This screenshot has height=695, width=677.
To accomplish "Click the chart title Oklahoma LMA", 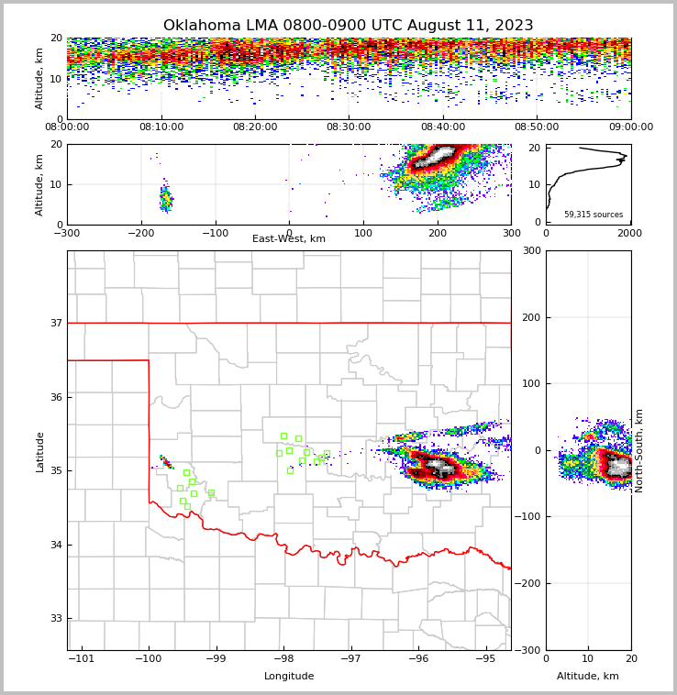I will pyautogui.click(x=348, y=26).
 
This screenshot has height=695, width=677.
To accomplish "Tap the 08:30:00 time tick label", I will pyautogui.click(x=349, y=127).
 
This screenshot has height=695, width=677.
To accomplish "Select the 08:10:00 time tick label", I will pyautogui.click(x=161, y=127).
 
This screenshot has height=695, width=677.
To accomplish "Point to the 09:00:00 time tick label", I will pyautogui.click(x=630, y=127).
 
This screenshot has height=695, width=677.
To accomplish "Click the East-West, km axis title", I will pyautogui.click(x=289, y=239).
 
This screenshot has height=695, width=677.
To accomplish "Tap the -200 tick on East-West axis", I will pyautogui.click(x=141, y=233).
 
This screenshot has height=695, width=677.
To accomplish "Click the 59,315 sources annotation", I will pyautogui.click(x=593, y=215).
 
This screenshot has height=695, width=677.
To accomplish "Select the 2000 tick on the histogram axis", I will pyautogui.click(x=630, y=233).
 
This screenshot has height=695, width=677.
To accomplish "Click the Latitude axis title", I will pyautogui.click(x=40, y=451).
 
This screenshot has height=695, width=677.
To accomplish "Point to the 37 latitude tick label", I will pyautogui.click(x=56, y=323).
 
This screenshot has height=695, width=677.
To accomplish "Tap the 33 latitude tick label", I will pyautogui.click(x=56, y=619).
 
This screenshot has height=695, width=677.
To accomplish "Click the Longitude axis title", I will pyautogui.click(x=289, y=676).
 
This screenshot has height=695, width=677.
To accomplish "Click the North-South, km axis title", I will pyautogui.click(x=639, y=450).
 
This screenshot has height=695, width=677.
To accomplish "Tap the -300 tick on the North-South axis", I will pyautogui.click(x=529, y=650).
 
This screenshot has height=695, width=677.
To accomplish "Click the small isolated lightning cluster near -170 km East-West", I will pyautogui.click(x=165, y=199).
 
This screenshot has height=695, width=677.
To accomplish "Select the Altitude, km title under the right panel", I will pyautogui.click(x=588, y=676).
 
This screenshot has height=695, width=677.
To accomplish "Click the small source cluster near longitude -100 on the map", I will pyautogui.click(x=165, y=461).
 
